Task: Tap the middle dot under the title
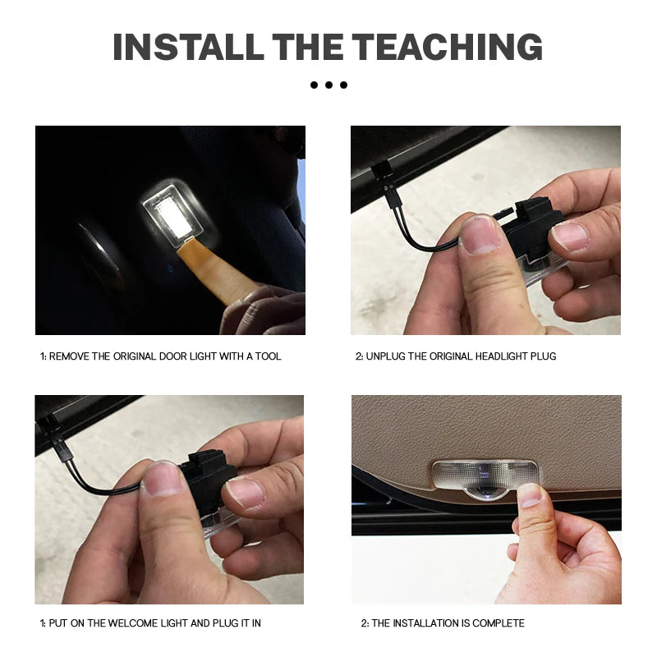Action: (328, 85)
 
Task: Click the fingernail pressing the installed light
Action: (529, 495)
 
